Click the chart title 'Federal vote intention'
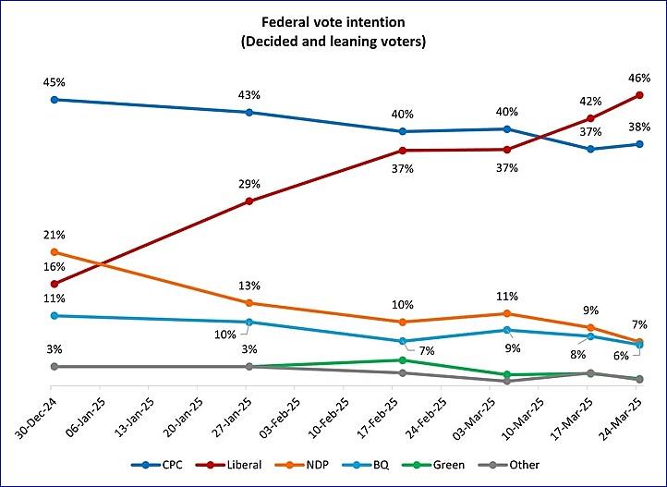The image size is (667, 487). tap(334, 21)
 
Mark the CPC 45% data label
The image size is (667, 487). tap(54, 81)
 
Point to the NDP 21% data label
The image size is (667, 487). tap(54, 235)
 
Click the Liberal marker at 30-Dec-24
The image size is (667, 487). tap(55, 284)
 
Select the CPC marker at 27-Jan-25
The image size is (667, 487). tap(249, 112)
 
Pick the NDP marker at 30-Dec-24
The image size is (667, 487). tap(55, 251)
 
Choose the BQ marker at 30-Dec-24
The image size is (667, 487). tap(55, 315)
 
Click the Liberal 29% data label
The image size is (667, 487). tap(248, 183)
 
